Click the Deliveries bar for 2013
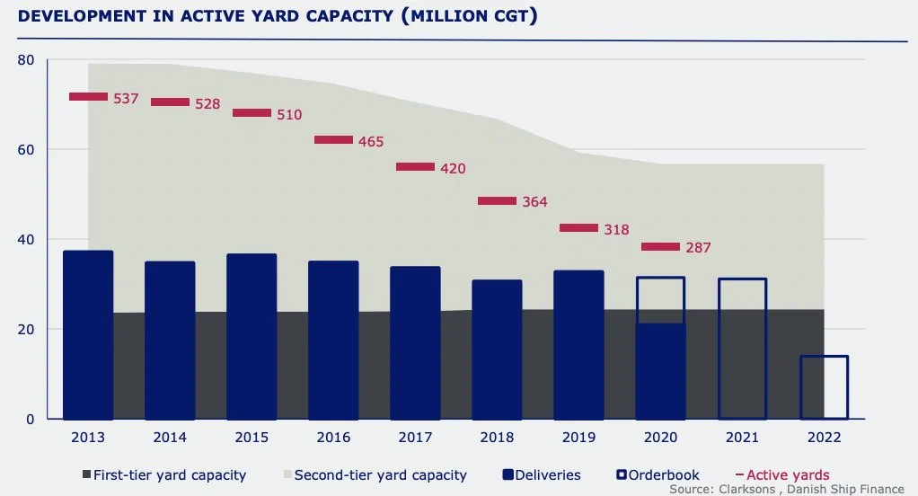coord(88,334)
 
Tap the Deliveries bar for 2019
coord(578,344)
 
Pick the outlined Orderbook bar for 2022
coord(824,387)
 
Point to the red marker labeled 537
coord(88,97)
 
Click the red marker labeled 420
coord(415,167)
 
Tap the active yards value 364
coord(534,202)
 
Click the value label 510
coord(289,114)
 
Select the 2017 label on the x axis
coord(415,438)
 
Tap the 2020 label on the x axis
coord(660,438)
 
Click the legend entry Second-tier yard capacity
coord(380,474)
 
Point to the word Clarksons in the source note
coord(750,490)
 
